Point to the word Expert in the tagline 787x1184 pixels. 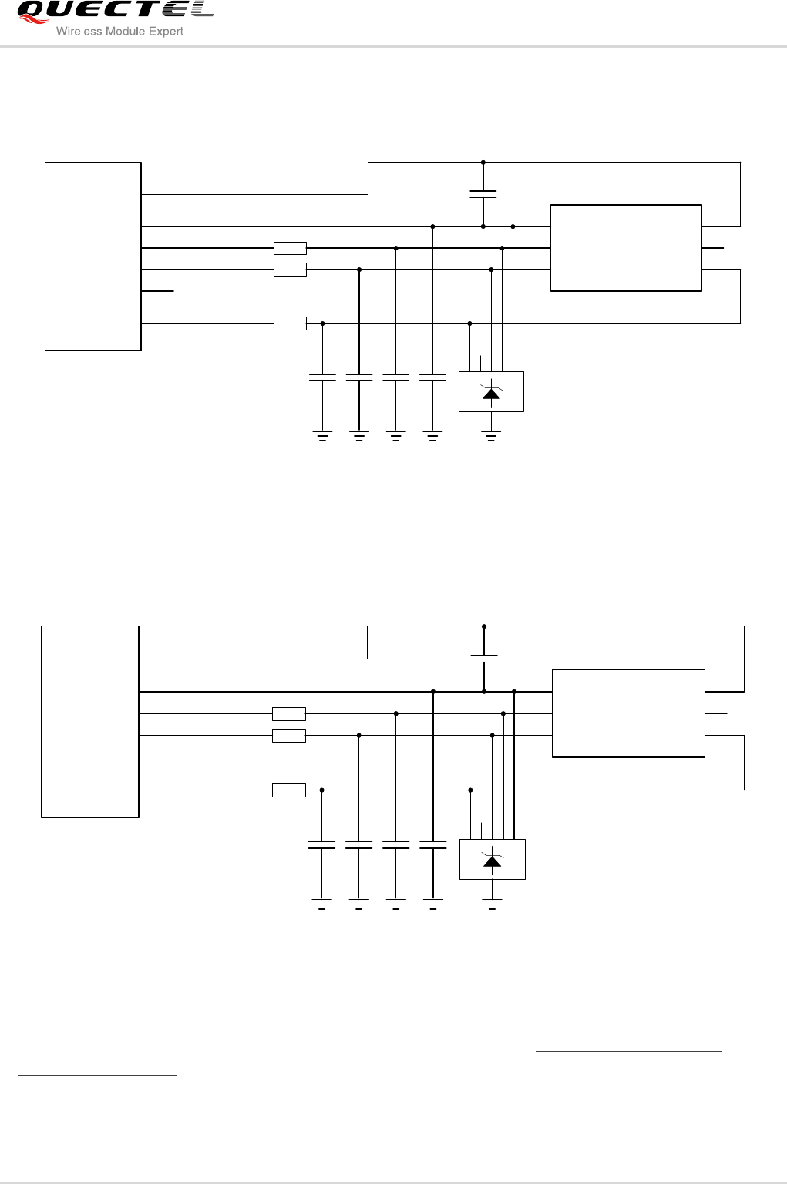click(x=167, y=32)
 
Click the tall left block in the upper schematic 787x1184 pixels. click(x=93, y=256)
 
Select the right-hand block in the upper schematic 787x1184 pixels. click(x=626, y=248)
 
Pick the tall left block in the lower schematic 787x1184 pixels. click(x=90, y=722)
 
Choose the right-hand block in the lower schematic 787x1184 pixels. click(x=628, y=713)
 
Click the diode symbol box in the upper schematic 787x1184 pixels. click(x=491, y=391)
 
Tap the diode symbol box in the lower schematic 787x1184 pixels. click(x=492, y=859)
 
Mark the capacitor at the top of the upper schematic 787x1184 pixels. click(x=483, y=194)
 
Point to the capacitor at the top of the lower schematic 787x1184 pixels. click(x=484, y=659)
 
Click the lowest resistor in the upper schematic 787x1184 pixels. click(x=290, y=324)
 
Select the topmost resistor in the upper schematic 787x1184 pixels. click(x=290, y=248)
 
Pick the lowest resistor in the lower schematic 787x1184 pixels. click(x=289, y=790)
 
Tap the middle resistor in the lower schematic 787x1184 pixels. click(x=289, y=736)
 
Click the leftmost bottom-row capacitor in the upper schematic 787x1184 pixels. click(x=322, y=377)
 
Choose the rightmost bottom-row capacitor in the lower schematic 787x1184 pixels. click(x=433, y=845)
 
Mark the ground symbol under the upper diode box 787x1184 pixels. click(x=491, y=436)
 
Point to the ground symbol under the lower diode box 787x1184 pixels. click(x=492, y=904)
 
